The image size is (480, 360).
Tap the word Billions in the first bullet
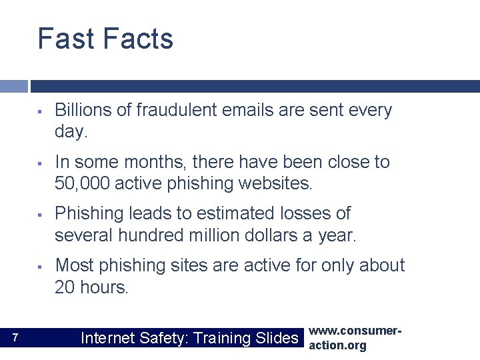83,111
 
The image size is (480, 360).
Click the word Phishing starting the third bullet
87,214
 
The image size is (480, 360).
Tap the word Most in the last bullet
73,265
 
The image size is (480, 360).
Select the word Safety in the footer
165,338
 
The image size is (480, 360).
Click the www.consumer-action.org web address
347,338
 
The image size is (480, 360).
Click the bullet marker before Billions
40,111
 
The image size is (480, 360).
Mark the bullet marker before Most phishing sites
40,266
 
